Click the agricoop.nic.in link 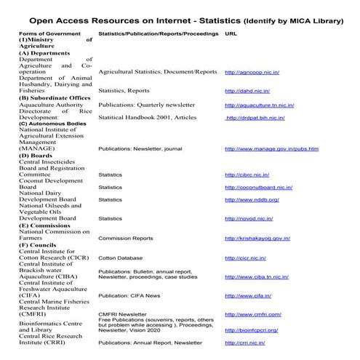[252, 73]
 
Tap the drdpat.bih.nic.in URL [255, 117]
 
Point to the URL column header [232, 33]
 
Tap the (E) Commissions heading [45, 225]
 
